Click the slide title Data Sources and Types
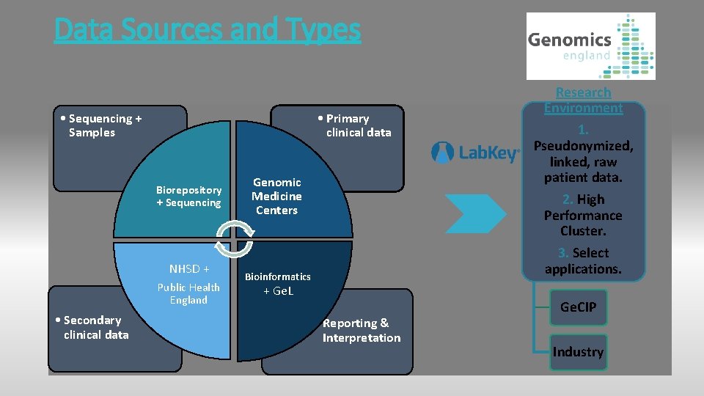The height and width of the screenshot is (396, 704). pos(208,30)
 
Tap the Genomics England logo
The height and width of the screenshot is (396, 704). pos(590,45)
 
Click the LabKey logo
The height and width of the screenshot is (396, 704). pos(475,153)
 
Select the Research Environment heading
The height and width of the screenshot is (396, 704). pos(583,100)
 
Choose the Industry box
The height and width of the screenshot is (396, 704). pos(578,352)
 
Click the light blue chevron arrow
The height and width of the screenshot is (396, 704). pos(474,213)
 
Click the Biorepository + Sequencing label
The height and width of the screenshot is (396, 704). pos(188,196)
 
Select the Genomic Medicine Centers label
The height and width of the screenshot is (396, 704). pos(276,196)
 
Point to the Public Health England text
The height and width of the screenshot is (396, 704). pos(188,293)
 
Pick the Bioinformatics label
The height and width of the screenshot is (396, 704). pos(277,276)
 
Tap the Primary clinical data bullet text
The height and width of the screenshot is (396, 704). pos(354,125)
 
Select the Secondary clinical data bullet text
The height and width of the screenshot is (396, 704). pos(92,327)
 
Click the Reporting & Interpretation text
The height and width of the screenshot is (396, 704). pos(362,330)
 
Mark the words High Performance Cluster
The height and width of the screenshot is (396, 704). pos(583,215)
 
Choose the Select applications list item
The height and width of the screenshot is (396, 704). pos(583,261)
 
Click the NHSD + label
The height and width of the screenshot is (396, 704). pos(189,269)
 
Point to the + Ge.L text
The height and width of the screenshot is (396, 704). pos(278,291)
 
